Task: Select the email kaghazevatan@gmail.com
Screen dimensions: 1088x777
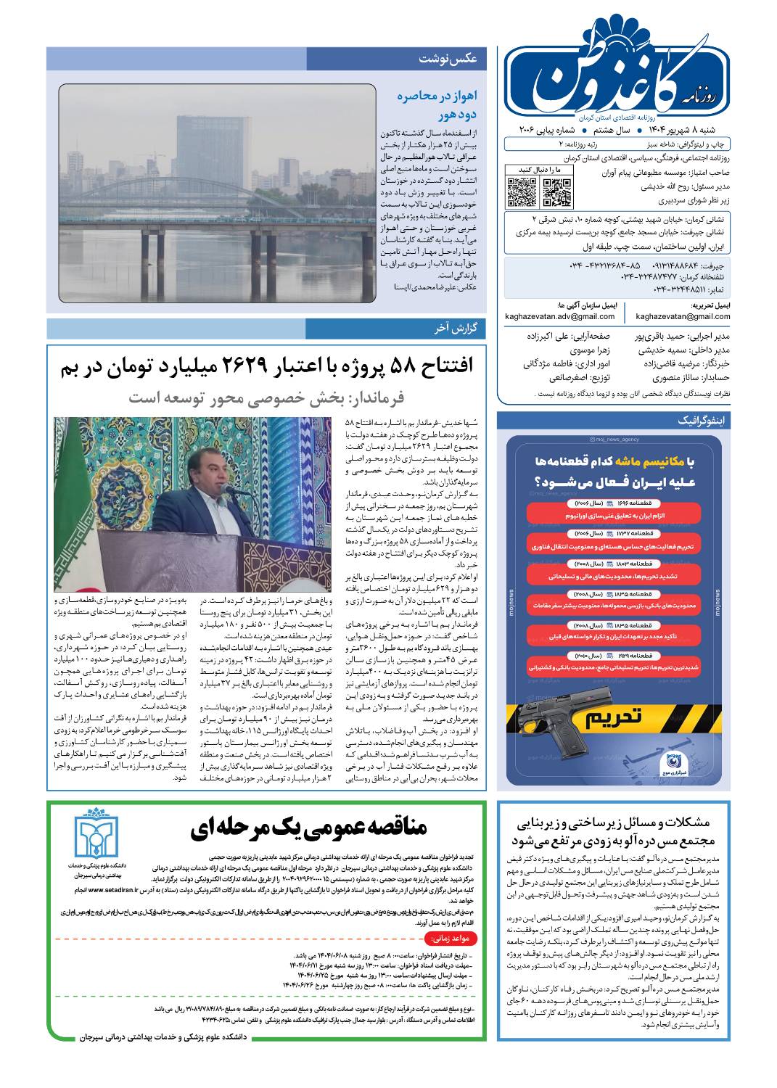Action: [682, 316]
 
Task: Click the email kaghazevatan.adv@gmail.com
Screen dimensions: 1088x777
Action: [560, 316]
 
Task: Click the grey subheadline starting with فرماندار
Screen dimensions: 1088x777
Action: [266, 397]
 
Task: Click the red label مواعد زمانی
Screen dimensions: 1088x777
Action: [454, 938]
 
